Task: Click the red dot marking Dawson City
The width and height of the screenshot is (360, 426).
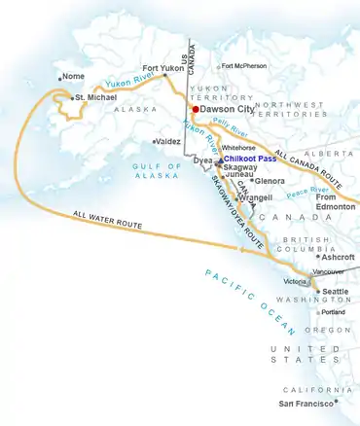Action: click(195, 110)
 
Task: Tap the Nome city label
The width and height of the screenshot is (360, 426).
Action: click(74, 77)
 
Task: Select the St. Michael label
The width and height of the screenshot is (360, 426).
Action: click(97, 97)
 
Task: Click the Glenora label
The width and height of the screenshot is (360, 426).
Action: click(270, 181)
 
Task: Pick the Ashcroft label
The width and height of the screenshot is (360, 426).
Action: click(338, 257)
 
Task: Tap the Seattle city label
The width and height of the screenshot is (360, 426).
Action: click(336, 292)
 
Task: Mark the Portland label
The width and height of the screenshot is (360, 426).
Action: click(333, 312)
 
